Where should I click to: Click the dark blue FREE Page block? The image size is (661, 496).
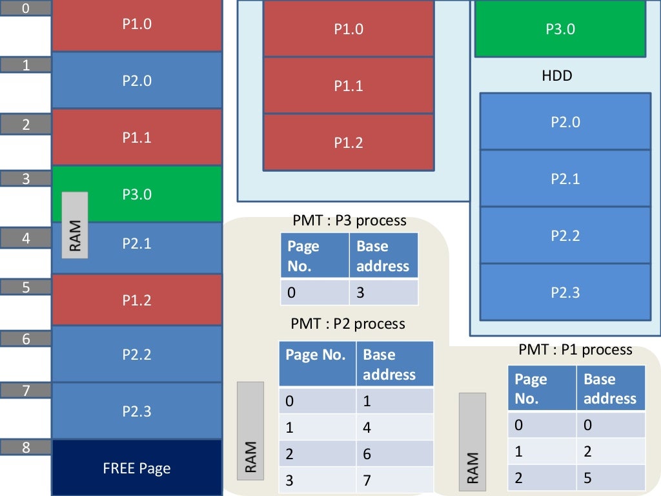tap(136, 468)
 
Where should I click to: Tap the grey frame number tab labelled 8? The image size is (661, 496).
tap(26, 447)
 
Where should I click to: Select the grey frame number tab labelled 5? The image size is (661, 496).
tap(26, 287)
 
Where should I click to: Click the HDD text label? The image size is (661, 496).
tap(556, 76)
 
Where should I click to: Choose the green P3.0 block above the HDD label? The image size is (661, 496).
tap(560, 29)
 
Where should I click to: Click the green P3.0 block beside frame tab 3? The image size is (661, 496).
tap(136, 194)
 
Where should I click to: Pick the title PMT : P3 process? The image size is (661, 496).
tap(349, 221)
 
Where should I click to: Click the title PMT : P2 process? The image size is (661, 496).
tap(348, 323)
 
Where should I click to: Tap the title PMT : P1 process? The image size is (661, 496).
tap(575, 349)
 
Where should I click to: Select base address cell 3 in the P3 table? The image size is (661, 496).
tap(383, 293)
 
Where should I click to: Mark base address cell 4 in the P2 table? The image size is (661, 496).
tap(394, 427)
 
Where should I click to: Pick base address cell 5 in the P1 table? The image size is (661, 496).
tap(610, 477)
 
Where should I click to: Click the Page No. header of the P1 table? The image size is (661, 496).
tap(542, 388)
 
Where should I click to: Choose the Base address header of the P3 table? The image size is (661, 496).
tap(383, 256)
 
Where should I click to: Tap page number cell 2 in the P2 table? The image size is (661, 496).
tap(317, 454)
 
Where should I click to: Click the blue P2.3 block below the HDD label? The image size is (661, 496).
tap(565, 292)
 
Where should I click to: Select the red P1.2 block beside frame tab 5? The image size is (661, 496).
tap(136, 300)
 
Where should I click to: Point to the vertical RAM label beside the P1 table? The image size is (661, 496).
tap(472, 439)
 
